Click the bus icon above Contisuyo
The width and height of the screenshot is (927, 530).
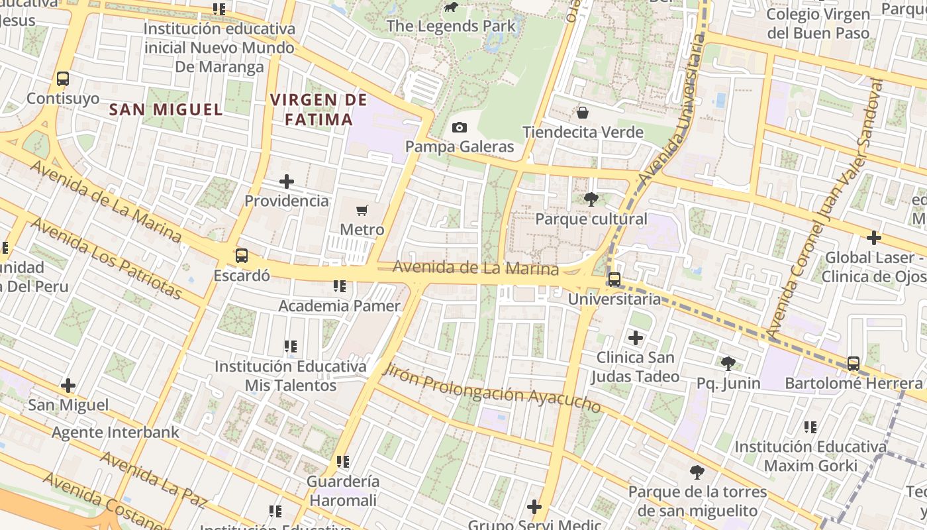pyautogui.click(x=63, y=79)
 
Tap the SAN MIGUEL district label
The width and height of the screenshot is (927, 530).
pyautogui.click(x=166, y=110)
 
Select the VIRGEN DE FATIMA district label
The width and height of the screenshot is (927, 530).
pyautogui.click(x=318, y=110)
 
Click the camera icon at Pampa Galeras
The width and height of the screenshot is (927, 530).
pyautogui.click(x=459, y=127)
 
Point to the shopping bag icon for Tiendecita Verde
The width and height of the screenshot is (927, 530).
pyautogui.click(x=583, y=113)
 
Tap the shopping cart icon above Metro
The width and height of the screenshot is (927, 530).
pyautogui.click(x=362, y=211)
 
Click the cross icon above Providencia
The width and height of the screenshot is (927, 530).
pyautogui.click(x=287, y=182)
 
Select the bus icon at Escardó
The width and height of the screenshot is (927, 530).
pyautogui.click(x=242, y=256)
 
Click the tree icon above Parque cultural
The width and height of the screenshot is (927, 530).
pyautogui.click(x=591, y=199)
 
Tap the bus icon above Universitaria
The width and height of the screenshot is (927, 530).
pyautogui.click(x=614, y=280)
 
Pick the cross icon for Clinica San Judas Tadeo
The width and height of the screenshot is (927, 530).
pyautogui.click(x=636, y=339)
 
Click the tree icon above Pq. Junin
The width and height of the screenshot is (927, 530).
pyautogui.click(x=728, y=363)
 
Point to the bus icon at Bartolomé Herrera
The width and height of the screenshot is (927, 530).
pyautogui.click(x=854, y=364)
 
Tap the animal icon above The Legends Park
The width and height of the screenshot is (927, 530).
pyautogui.click(x=451, y=8)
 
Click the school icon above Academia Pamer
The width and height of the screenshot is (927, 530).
pyautogui.click(x=340, y=286)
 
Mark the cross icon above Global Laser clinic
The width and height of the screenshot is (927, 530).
pyautogui.click(x=874, y=238)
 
